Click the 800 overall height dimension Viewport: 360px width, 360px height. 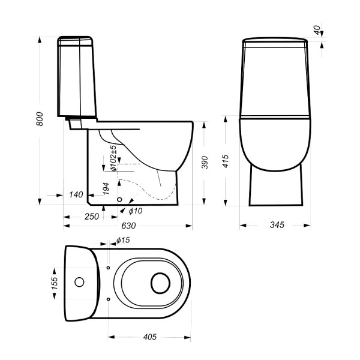tap(40, 119)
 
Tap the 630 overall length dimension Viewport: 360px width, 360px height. tap(128, 226)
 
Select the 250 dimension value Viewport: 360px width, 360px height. tap(92, 217)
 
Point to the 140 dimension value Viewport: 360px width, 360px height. tap(76, 194)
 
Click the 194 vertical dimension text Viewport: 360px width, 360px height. tap(106, 189)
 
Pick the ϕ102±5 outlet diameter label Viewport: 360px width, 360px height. tap(113, 158)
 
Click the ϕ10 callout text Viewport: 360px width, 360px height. tap(136, 211)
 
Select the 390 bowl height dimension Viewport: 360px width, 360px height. tap(205, 163)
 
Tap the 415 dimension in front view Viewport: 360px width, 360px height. tap(226, 161)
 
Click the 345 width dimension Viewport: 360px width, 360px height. tap(277, 225)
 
